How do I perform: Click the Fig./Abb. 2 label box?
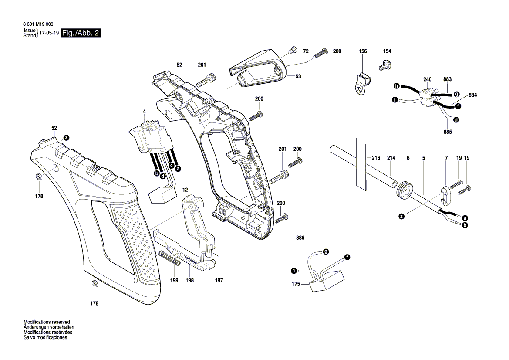[81, 34]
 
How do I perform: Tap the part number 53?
[298, 76]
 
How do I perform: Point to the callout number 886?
[300, 238]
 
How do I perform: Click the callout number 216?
[376, 159]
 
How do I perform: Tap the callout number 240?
[427, 79]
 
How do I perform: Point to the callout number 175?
[296, 284]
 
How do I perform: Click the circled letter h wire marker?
[397, 85]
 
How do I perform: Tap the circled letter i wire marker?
[394, 100]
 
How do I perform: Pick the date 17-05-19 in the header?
[49, 34]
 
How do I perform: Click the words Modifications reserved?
[47, 322]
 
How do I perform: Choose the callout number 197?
[219, 281]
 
